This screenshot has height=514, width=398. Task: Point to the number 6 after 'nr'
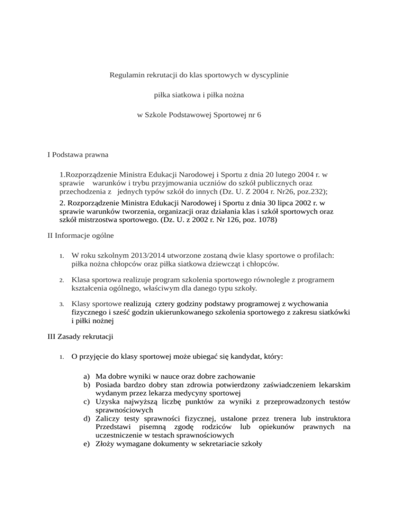(x=259, y=114)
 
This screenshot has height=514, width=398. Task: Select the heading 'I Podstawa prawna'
(x=77, y=153)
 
